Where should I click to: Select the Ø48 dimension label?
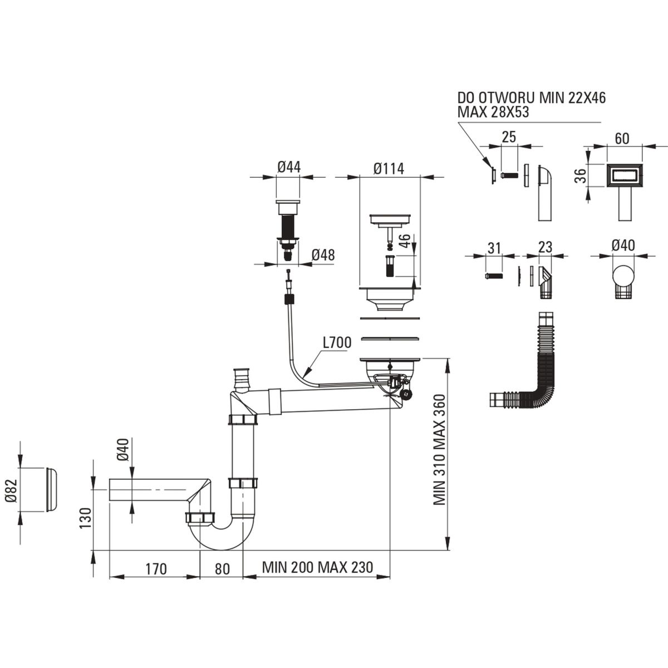(x=323, y=254)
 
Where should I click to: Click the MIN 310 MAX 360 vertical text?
(x=440, y=450)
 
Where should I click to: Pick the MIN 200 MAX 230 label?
(x=317, y=568)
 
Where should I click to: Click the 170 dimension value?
(x=156, y=569)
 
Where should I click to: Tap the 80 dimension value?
(x=222, y=569)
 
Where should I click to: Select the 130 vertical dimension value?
(x=85, y=518)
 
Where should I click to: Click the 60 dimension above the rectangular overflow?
(x=622, y=137)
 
